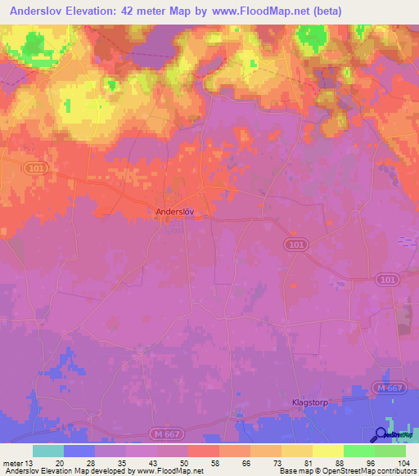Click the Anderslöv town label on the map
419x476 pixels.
click(x=178, y=211)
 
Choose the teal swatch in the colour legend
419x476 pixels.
click(x=48, y=451)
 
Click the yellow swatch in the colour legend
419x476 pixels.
click(x=328, y=451)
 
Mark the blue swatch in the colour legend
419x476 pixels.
click(x=79, y=451)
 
